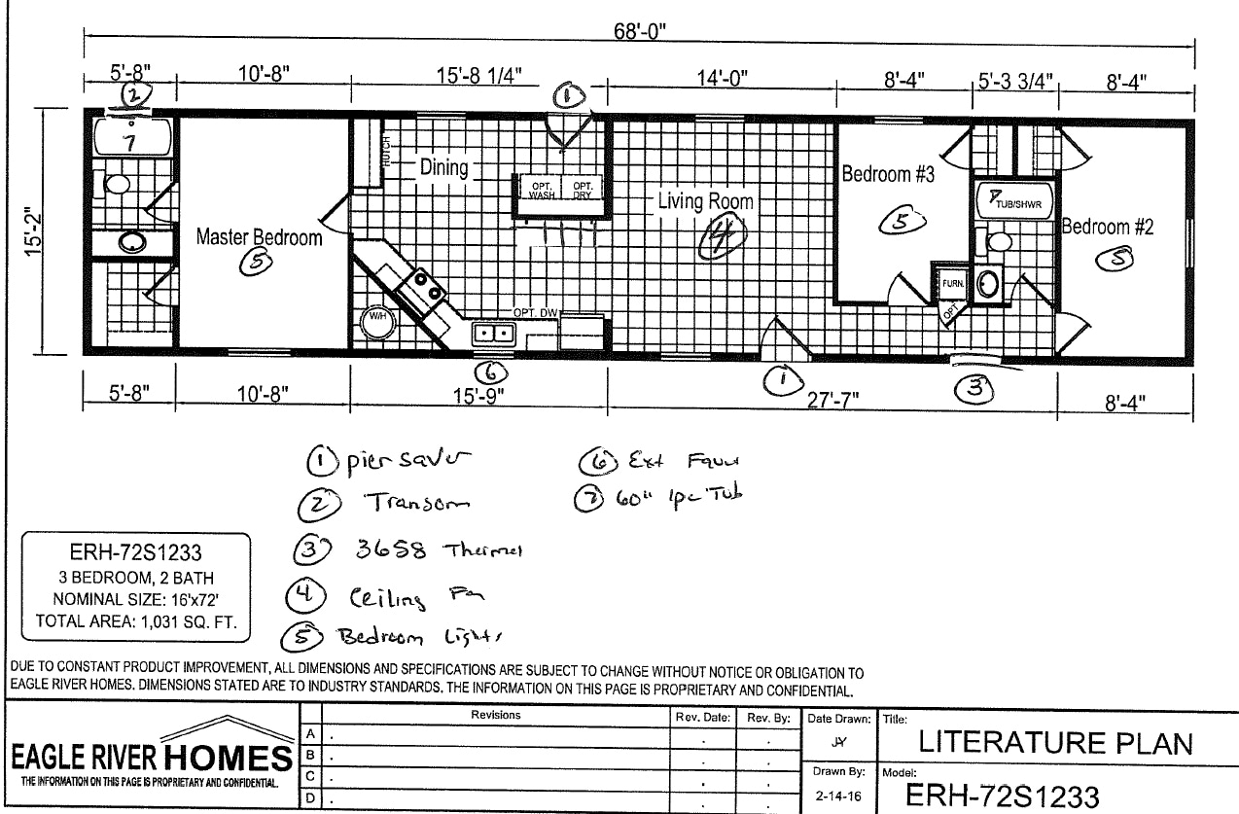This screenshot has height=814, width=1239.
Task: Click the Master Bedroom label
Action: [259, 236]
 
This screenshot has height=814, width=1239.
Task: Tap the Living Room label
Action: [705, 201]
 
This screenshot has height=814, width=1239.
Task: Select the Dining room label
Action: [443, 167]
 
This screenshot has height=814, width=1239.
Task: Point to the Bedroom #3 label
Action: [888, 174]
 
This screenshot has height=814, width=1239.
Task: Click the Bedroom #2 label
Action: [1108, 227]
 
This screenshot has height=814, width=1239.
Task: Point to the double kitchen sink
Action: [493, 334]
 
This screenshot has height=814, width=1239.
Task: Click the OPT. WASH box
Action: [541, 189]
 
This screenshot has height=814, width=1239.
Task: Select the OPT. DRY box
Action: [583, 189]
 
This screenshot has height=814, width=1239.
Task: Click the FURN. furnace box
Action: [952, 283]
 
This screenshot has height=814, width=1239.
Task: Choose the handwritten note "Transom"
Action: [417, 503]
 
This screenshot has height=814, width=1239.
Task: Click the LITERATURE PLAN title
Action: [1055, 744]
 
